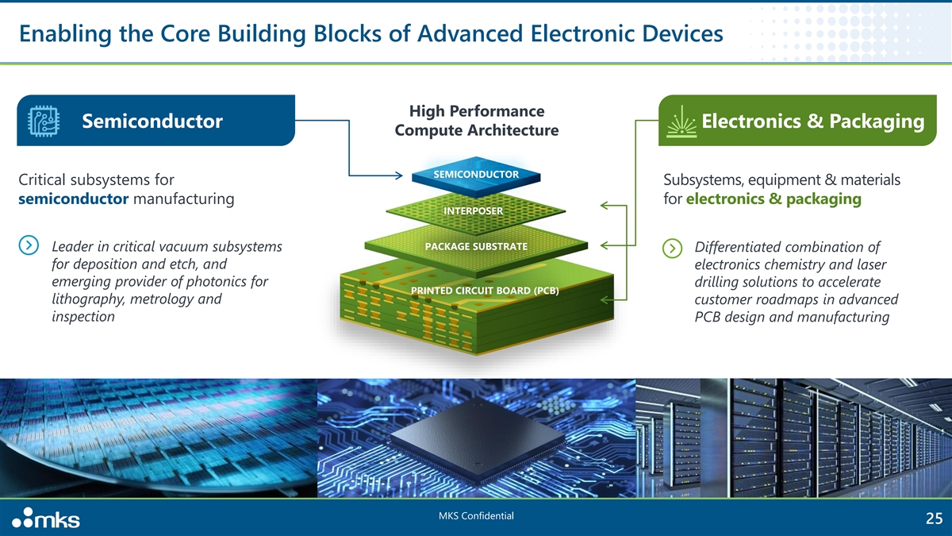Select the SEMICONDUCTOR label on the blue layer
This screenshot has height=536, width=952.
click(x=476, y=174)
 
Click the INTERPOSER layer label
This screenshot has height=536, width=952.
click(x=473, y=211)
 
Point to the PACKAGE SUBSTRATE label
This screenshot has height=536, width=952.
click(x=476, y=246)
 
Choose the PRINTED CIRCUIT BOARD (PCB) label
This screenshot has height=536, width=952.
click(x=485, y=291)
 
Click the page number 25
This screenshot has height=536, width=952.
click(x=934, y=519)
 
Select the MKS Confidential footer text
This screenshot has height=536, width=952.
click(x=476, y=517)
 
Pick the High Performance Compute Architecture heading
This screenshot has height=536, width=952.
click(x=476, y=121)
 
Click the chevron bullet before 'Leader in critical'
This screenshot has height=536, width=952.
click(x=29, y=246)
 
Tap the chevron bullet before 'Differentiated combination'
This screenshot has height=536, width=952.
click(x=673, y=247)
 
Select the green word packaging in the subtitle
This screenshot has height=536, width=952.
click(x=822, y=199)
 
